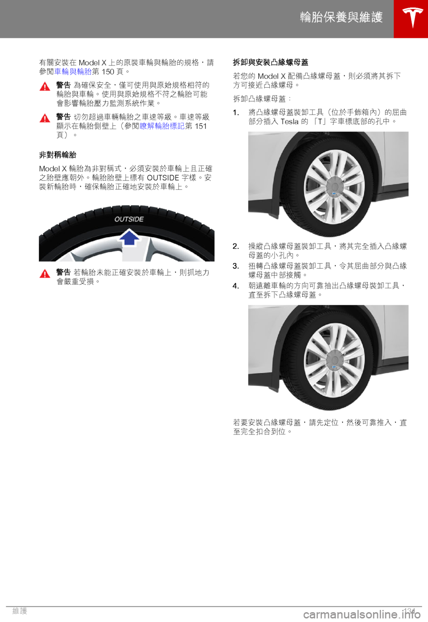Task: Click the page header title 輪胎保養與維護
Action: click(342, 17)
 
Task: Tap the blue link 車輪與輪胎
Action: click(73, 72)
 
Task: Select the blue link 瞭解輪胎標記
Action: click(162, 126)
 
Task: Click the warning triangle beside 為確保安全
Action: click(45, 86)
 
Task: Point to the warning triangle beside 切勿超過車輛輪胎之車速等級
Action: click(45, 118)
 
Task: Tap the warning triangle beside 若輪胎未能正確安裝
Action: click(45, 274)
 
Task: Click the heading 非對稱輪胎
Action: click(58, 155)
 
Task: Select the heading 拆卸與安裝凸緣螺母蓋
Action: click(270, 62)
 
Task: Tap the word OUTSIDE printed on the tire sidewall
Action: click(129, 219)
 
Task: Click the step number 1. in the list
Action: click(236, 112)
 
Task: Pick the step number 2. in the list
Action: click(236, 246)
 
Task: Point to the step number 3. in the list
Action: click(236, 266)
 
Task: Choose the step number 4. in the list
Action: click(236, 286)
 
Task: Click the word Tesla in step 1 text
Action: click(289, 122)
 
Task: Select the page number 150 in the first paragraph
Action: click(108, 72)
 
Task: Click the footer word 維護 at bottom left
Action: click(20, 611)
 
